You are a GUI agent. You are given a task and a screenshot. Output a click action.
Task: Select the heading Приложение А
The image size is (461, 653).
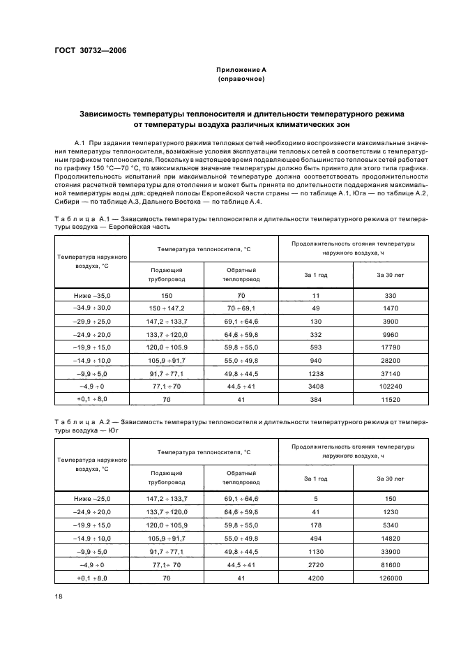click(x=241, y=70)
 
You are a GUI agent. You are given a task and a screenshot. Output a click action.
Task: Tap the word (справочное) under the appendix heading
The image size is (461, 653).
click(x=241, y=80)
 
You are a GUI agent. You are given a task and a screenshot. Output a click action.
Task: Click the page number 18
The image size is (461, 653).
click(x=59, y=594)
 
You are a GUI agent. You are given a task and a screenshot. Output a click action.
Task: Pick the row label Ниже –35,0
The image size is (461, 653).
click(x=92, y=296)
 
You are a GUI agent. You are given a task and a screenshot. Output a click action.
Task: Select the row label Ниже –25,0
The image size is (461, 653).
click(x=92, y=498)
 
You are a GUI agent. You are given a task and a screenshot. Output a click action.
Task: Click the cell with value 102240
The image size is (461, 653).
click(x=390, y=386)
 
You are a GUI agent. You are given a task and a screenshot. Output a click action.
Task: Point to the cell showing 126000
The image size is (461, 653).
click(x=390, y=578)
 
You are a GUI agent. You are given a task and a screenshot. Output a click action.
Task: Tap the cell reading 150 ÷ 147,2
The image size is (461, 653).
click(x=165, y=308)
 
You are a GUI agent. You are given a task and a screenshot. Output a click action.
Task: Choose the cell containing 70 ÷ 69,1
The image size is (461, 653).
click(x=241, y=308)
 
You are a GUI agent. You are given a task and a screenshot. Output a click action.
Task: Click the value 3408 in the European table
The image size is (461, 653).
click(x=316, y=386)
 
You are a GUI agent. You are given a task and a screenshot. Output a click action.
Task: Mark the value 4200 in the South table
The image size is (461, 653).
click(x=316, y=578)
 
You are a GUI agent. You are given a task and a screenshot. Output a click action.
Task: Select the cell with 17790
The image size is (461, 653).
click(x=390, y=347)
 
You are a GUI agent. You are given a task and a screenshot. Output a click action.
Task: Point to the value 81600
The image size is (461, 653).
click(x=390, y=565)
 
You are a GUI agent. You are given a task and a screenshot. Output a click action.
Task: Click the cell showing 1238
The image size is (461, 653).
click(x=316, y=373)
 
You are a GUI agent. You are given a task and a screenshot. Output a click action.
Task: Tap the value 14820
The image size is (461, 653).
click(x=390, y=539)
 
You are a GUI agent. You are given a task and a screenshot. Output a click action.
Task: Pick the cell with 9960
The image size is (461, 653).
click(x=390, y=334)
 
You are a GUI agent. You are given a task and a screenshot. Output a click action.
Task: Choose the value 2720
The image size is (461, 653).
click(x=316, y=565)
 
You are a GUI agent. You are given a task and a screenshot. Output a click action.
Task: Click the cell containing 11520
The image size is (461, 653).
click(x=390, y=399)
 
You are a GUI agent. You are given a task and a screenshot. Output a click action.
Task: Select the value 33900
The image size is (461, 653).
click(x=390, y=552)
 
